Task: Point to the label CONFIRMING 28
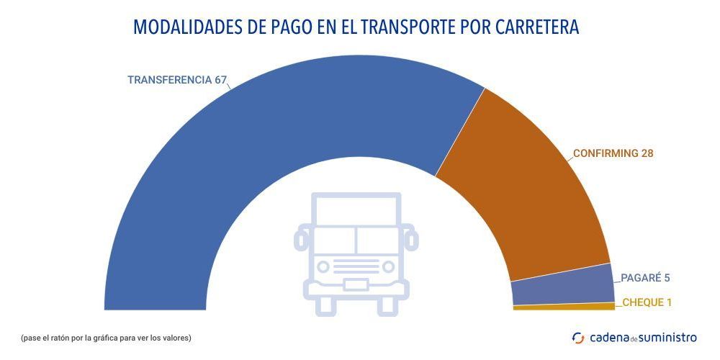613,153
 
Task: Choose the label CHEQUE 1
647,302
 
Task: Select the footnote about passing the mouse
106,338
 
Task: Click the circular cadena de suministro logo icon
577,337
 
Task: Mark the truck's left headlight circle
323,267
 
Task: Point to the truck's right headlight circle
388,267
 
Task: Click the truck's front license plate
356,284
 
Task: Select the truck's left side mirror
301,238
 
